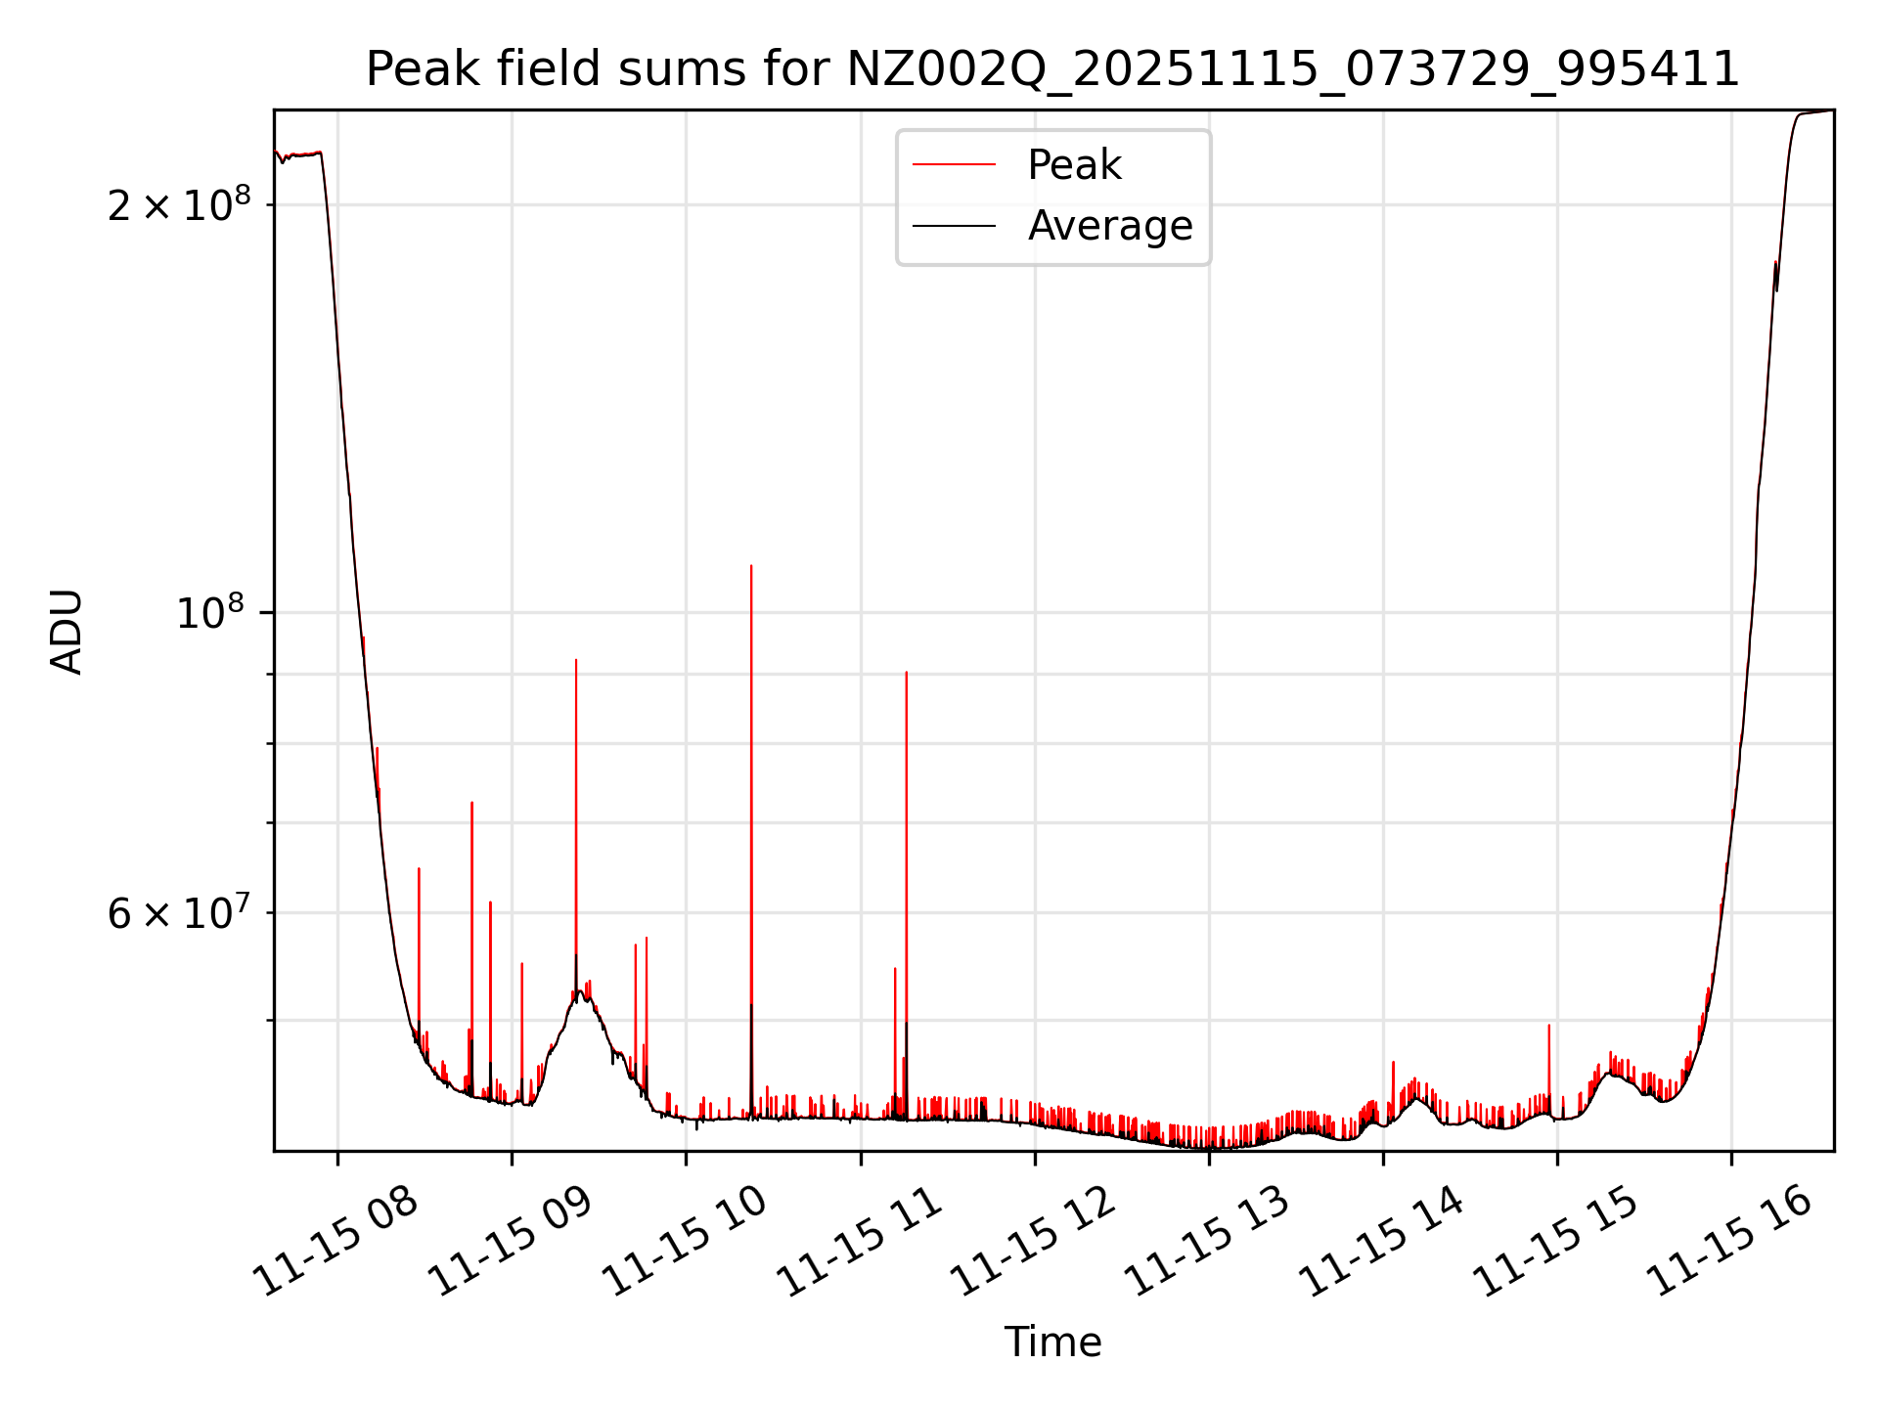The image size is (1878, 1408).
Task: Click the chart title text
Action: tap(1052, 69)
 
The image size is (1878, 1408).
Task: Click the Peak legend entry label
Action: tap(1074, 165)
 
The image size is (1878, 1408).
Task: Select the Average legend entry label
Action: tap(1110, 226)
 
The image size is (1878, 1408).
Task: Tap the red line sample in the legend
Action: tap(954, 165)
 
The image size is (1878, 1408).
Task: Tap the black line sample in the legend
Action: tap(954, 226)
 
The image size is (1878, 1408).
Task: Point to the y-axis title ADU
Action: tap(67, 632)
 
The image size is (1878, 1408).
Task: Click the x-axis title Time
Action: tap(1052, 1342)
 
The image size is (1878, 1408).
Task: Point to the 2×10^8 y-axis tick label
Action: tap(178, 205)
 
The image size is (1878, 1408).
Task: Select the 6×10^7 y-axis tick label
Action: tap(178, 913)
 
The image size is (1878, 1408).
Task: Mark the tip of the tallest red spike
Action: tap(751, 566)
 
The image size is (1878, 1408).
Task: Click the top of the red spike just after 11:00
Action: tap(907, 673)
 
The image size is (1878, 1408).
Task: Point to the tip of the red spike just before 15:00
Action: tap(1549, 1026)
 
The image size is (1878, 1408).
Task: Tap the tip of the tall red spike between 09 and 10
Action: tap(576, 660)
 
